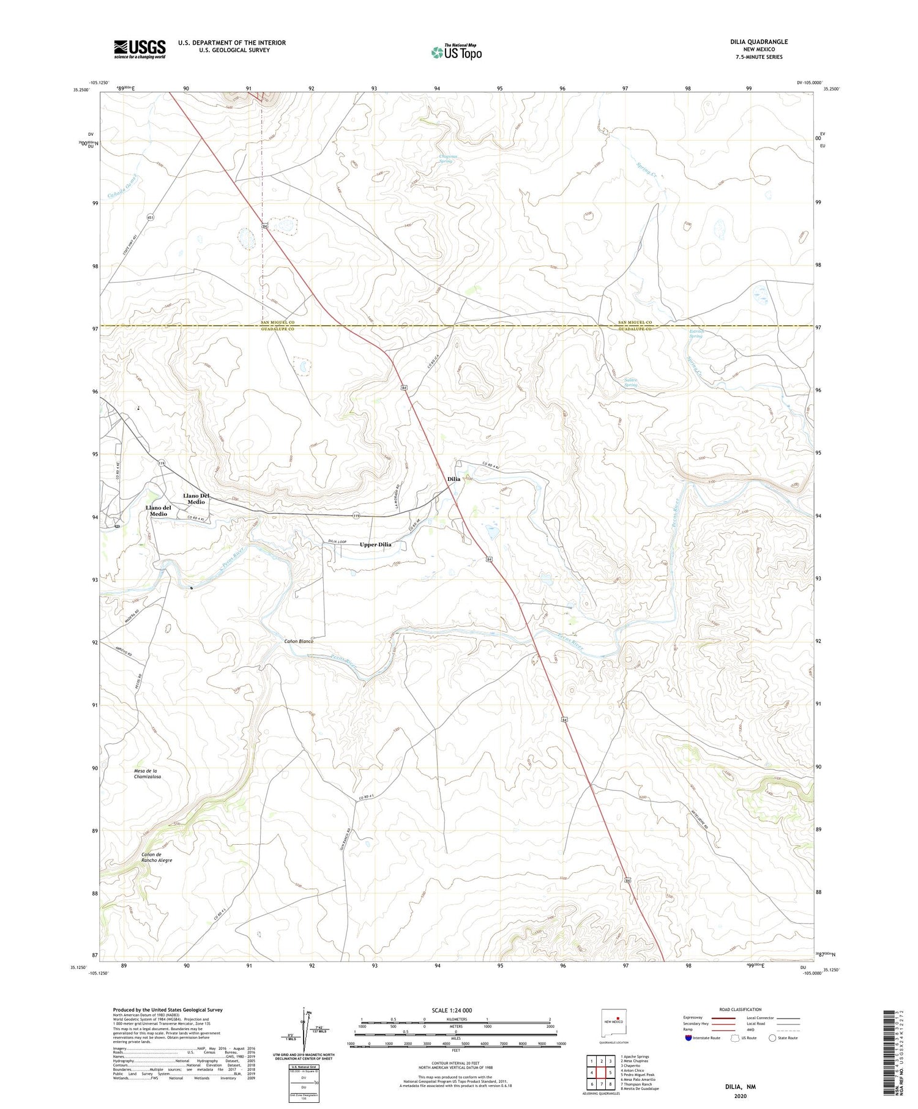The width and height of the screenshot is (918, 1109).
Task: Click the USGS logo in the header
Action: [140, 49]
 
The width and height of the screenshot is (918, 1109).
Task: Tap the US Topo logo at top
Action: [456, 51]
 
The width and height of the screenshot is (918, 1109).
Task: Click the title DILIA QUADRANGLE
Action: [759, 42]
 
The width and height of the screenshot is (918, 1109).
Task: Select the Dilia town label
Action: [453, 479]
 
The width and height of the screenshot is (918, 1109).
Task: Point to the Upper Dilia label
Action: [375, 544]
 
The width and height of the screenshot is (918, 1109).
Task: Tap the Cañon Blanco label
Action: [298, 641]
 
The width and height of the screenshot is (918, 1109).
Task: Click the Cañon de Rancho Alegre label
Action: [157, 857]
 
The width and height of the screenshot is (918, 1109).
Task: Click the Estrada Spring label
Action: [696, 334]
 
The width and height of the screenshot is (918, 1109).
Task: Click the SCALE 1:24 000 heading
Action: [452, 1010]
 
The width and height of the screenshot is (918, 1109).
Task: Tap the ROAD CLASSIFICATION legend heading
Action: [741, 1009]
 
